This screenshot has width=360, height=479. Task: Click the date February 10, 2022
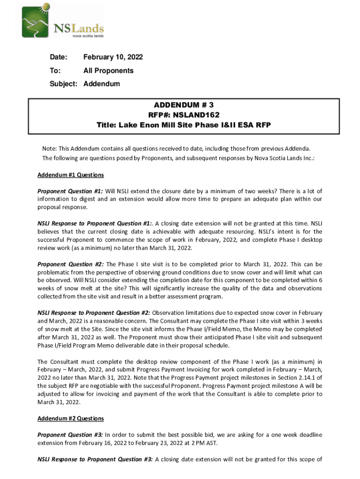pyautogui.click(x=113, y=58)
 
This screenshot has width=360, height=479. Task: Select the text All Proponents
pyautogui.click(x=108, y=71)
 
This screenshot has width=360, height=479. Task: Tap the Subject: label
pyautogui.click(x=64, y=84)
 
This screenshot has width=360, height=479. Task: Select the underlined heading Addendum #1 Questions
pyautogui.click(x=71, y=175)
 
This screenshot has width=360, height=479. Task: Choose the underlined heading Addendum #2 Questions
pyautogui.click(x=71, y=418)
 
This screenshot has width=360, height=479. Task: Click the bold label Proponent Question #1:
pyautogui.click(x=70, y=191)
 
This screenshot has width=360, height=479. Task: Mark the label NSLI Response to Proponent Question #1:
pyautogui.click(x=95, y=223)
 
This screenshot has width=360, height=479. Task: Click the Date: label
pyautogui.click(x=59, y=58)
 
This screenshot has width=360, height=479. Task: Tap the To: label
pyautogui.click(x=55, y=71)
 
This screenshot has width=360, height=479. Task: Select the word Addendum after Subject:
pyautogui.click(x=101, y=84)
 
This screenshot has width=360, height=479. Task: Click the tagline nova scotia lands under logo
pyautogui.click(x=87, y=35)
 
